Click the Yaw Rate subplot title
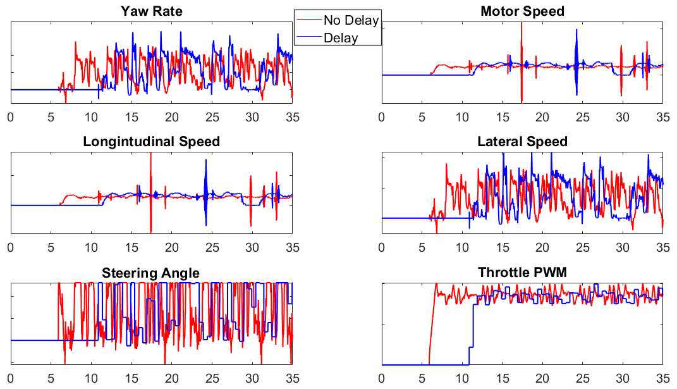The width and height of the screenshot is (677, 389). tap(151, 11)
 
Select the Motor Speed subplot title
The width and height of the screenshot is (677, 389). tap(522, 11)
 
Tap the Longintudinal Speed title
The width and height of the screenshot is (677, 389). tap(151, 142)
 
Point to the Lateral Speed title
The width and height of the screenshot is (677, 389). tap(522, 142)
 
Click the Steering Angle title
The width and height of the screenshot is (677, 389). tap(151, 273)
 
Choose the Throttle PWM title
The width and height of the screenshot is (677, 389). tap(522, 273)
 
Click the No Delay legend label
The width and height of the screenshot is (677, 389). tap(351, 20)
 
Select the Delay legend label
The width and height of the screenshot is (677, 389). tap(341, 37)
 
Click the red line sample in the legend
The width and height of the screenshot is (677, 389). tap(309, 20)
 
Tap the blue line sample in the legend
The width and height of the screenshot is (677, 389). tap(309, 37)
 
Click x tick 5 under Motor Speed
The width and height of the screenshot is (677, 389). tap(422, 117)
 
